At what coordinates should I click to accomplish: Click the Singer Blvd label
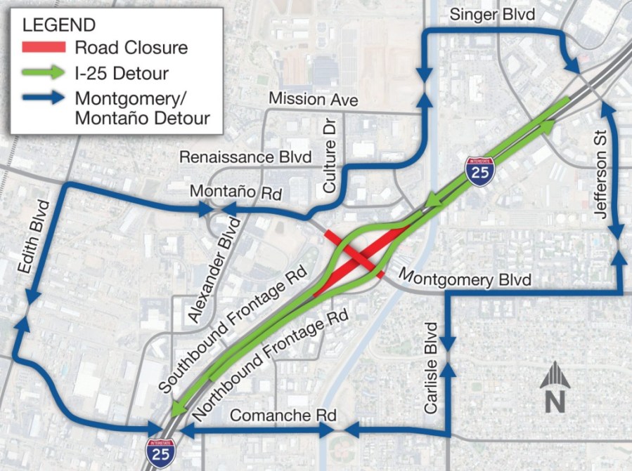pyautogui.click(x=492, y=14)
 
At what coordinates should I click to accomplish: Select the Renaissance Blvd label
pyautogui.click(x=245, y=157)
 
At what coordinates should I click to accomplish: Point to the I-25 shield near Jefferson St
pyautogui.click(x=479, y=171)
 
